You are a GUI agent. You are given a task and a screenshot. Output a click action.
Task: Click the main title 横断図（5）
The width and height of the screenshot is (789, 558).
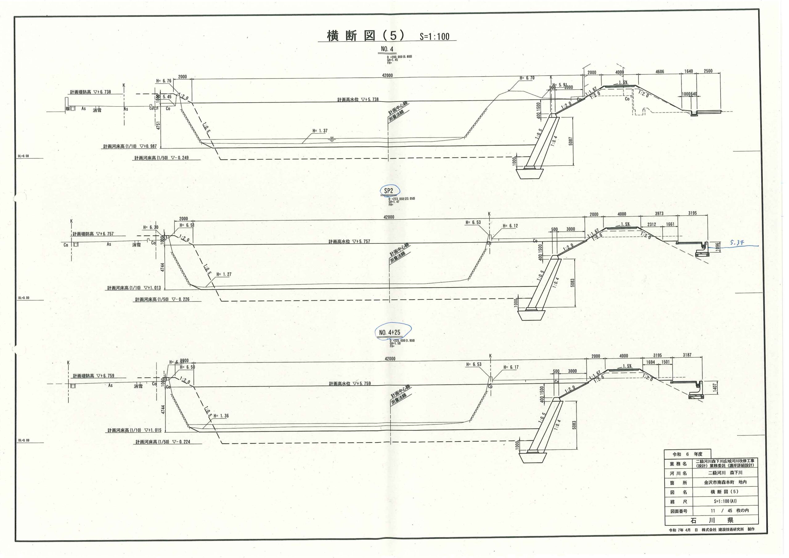point(366,36)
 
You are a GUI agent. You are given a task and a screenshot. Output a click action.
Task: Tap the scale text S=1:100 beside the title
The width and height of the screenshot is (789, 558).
point(434,37)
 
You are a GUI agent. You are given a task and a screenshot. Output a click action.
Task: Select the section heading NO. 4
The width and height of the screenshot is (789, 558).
point(387,49)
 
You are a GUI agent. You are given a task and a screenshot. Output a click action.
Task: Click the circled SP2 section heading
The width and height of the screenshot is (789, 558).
point(389,191)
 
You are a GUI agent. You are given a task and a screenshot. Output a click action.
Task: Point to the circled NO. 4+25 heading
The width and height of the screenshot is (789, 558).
point(390,332)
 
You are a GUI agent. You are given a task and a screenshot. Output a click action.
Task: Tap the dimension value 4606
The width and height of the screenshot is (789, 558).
point(660,72)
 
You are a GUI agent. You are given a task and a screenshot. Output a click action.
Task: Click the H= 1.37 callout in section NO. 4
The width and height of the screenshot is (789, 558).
point(320,131)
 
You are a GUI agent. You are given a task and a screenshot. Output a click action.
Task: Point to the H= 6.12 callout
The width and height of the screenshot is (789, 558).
point(510,226)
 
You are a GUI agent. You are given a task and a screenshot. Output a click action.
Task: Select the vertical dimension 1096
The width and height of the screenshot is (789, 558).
point(714,247)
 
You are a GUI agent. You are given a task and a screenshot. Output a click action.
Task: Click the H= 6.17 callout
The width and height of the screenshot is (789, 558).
point(511,367)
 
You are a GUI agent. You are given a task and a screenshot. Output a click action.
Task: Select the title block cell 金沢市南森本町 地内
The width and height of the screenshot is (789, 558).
point(725,483)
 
